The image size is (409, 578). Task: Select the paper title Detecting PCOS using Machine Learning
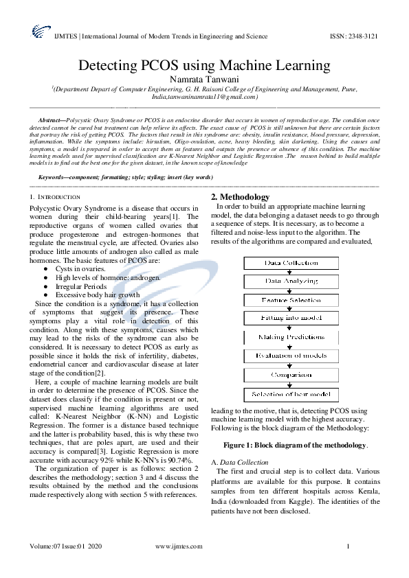(x=204, y=66)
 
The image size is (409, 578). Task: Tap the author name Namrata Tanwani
(x=204, y=80)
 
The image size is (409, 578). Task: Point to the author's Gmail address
(x=204, y=97)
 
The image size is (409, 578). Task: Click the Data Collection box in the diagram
(x=291, y=263)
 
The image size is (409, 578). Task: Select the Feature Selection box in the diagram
(x=291, y=300)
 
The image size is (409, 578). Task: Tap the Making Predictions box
(x=291, y=338)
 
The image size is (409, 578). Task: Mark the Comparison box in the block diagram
(x=291, y=375)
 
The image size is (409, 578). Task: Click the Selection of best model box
(x=291, y=394)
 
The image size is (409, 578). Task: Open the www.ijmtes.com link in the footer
(x=179, y=546)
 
